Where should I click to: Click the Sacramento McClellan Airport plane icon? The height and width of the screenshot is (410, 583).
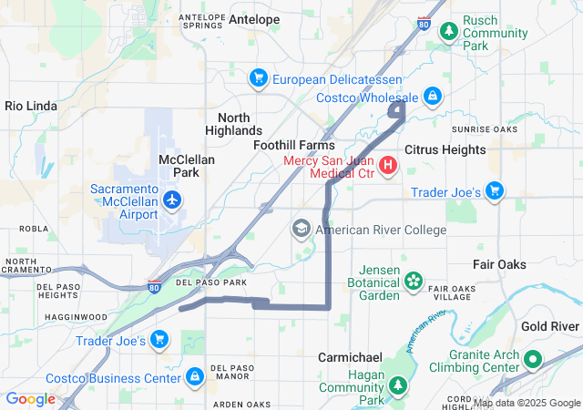[172, 199]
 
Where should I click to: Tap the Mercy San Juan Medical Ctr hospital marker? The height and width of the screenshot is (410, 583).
[388, 165]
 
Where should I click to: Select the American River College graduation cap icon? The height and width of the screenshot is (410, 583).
[302, 229]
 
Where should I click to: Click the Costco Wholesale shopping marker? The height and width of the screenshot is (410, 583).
[432, 96]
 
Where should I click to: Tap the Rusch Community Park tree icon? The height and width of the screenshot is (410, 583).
[448, 32]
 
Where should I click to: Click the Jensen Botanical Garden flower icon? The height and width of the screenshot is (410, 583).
[414, 281]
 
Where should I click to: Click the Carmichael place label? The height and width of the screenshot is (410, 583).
[350, 357]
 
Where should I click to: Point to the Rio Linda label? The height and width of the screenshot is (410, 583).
[32, 106]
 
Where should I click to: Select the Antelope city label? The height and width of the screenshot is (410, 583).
[254, 18]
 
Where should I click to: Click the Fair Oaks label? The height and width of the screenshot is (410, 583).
[499, 264]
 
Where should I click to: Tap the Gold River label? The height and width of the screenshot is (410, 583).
[551, 326]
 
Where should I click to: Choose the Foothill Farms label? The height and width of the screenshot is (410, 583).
[293, 145]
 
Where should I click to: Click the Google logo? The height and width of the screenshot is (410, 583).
[30, 399]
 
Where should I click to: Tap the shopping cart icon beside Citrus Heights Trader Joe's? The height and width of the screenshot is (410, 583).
[495, 190]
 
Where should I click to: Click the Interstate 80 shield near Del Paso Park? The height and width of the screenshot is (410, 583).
[155, 286]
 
